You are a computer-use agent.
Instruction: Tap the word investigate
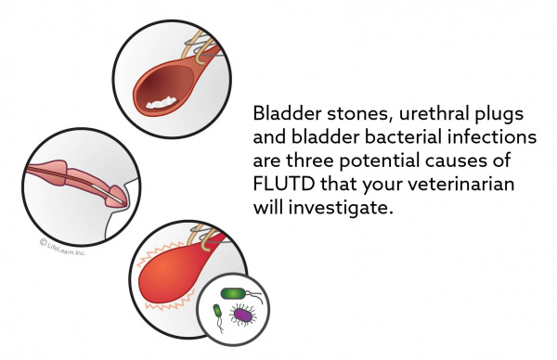343,209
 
